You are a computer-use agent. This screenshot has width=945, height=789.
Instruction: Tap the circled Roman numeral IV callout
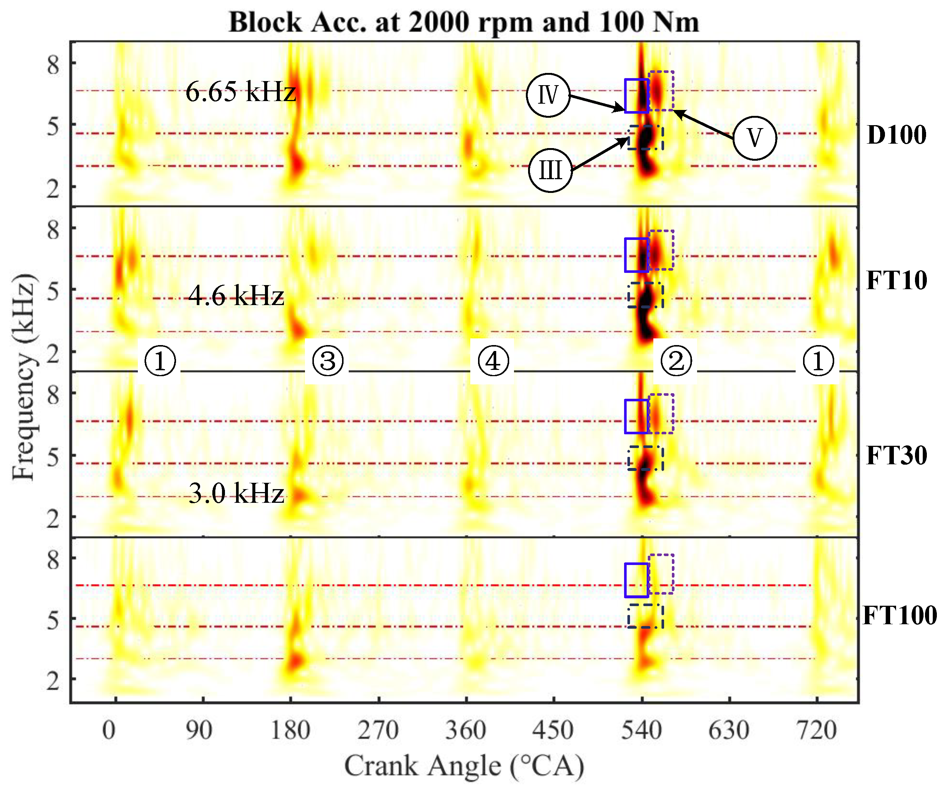point(548,95)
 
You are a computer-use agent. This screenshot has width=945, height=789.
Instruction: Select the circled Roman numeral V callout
point(755,138)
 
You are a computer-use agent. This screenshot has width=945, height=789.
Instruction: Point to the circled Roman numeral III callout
point(550,170)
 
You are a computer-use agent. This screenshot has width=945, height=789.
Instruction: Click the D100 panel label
point(896,134)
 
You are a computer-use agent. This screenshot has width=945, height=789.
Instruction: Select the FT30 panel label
point(896,455)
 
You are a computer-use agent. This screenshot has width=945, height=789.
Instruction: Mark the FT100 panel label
point(899,615)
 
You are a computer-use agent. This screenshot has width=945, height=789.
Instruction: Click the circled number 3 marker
point(328,361)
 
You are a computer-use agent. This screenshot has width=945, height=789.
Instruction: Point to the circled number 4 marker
point(493,361)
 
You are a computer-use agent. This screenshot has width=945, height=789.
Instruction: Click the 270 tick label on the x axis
point(378,730)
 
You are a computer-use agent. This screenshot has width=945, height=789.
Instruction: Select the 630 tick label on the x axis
point(729,730)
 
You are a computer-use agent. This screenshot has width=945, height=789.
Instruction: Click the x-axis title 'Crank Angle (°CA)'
point(464,766)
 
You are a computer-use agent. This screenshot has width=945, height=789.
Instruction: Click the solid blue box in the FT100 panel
point(636,580)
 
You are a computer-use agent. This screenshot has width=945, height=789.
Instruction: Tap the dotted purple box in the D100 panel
point(661,90)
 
